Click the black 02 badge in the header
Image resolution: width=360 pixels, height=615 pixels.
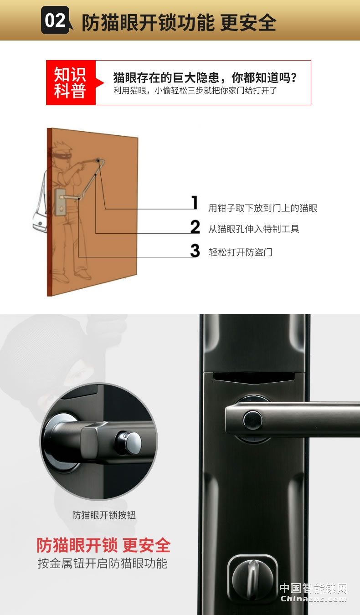pos(55,20)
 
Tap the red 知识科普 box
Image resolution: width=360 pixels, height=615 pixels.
pos(71,82)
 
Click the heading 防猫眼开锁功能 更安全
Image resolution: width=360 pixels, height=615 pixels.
pos(179,22)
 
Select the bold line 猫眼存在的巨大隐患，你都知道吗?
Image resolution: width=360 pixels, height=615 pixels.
pos(205,78)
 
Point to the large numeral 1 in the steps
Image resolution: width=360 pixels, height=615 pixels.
pos(195,203)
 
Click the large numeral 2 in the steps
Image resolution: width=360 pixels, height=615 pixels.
pos(195,227)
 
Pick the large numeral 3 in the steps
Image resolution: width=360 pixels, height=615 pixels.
pos(195,251)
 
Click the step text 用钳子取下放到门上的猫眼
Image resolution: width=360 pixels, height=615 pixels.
pos(263,208)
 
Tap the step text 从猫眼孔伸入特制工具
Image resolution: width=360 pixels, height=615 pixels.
pos(254,229)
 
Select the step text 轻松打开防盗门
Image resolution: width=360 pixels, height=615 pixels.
pos(241,252)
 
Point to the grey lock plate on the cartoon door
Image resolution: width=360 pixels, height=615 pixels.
pos(60,202)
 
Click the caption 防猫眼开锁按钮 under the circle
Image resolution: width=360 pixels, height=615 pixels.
pos(104,515)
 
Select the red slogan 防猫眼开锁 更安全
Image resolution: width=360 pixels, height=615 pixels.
pos(103,545)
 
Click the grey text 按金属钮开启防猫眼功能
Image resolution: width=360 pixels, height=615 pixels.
pos(103,564)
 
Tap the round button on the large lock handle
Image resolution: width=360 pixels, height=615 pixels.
pos(252,420)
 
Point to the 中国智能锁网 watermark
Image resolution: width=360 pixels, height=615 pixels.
pos(314,589)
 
